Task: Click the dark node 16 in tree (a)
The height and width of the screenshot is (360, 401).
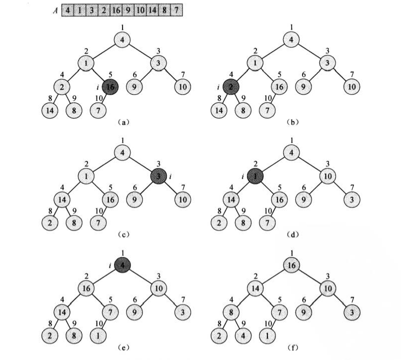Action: [111, 87]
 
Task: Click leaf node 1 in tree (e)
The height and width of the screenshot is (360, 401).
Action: [98, 332]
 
